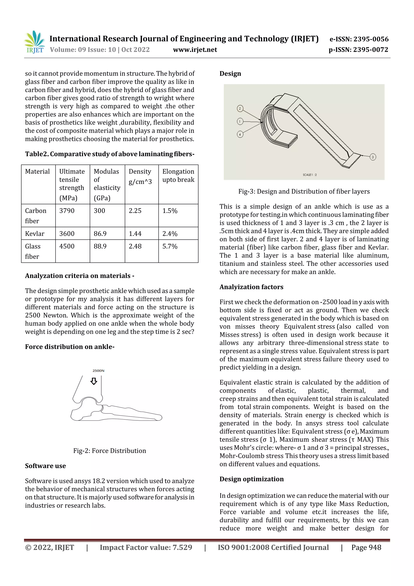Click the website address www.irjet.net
[x=195, y=50]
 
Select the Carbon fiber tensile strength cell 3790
[x=67, y=211]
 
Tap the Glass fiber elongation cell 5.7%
[x=170, y=246]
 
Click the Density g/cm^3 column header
[x=140, y=176]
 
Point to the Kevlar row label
[x=35, y=234]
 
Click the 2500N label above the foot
[x=98, y=371]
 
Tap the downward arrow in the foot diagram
[x=94, y=381]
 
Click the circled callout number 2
[x=240, y=108]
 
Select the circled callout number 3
[x=373, y=157]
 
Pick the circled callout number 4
[x=240, y=134]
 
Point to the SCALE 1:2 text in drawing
[x=310, y=175]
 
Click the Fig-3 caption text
[x=304, y=191]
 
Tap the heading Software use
[x=45, y=466]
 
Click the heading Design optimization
[x=251, y=479]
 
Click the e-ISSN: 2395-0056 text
[x=359, y=39]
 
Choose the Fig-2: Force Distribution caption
[x=109, y=451]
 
